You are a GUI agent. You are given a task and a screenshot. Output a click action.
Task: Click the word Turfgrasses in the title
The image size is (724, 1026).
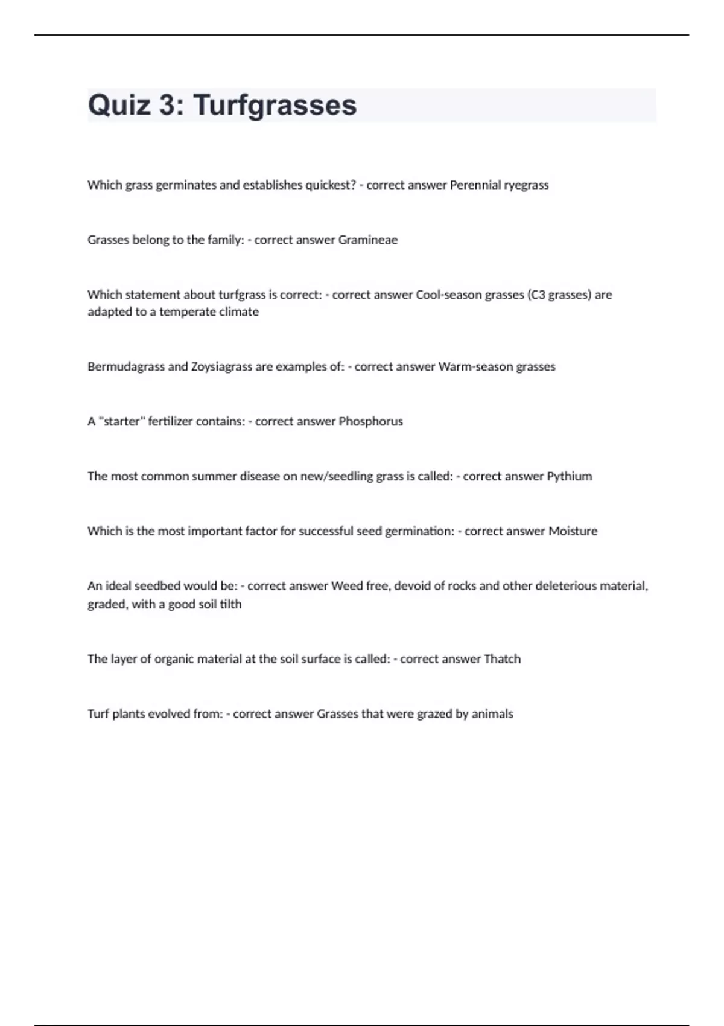275,106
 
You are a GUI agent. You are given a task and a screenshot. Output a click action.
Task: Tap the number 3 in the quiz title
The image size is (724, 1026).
168,105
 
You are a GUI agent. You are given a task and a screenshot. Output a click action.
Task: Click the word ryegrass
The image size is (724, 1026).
526,185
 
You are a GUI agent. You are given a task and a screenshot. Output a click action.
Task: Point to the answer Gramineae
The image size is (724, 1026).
367,240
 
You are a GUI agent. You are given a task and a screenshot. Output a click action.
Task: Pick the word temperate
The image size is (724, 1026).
184,312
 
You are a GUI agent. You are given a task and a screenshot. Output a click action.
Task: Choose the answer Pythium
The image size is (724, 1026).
569,476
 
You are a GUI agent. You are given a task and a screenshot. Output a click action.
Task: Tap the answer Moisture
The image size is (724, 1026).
573,531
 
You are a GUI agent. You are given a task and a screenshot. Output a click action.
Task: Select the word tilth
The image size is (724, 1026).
230,604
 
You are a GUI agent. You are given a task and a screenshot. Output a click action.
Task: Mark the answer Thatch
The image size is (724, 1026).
502,659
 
